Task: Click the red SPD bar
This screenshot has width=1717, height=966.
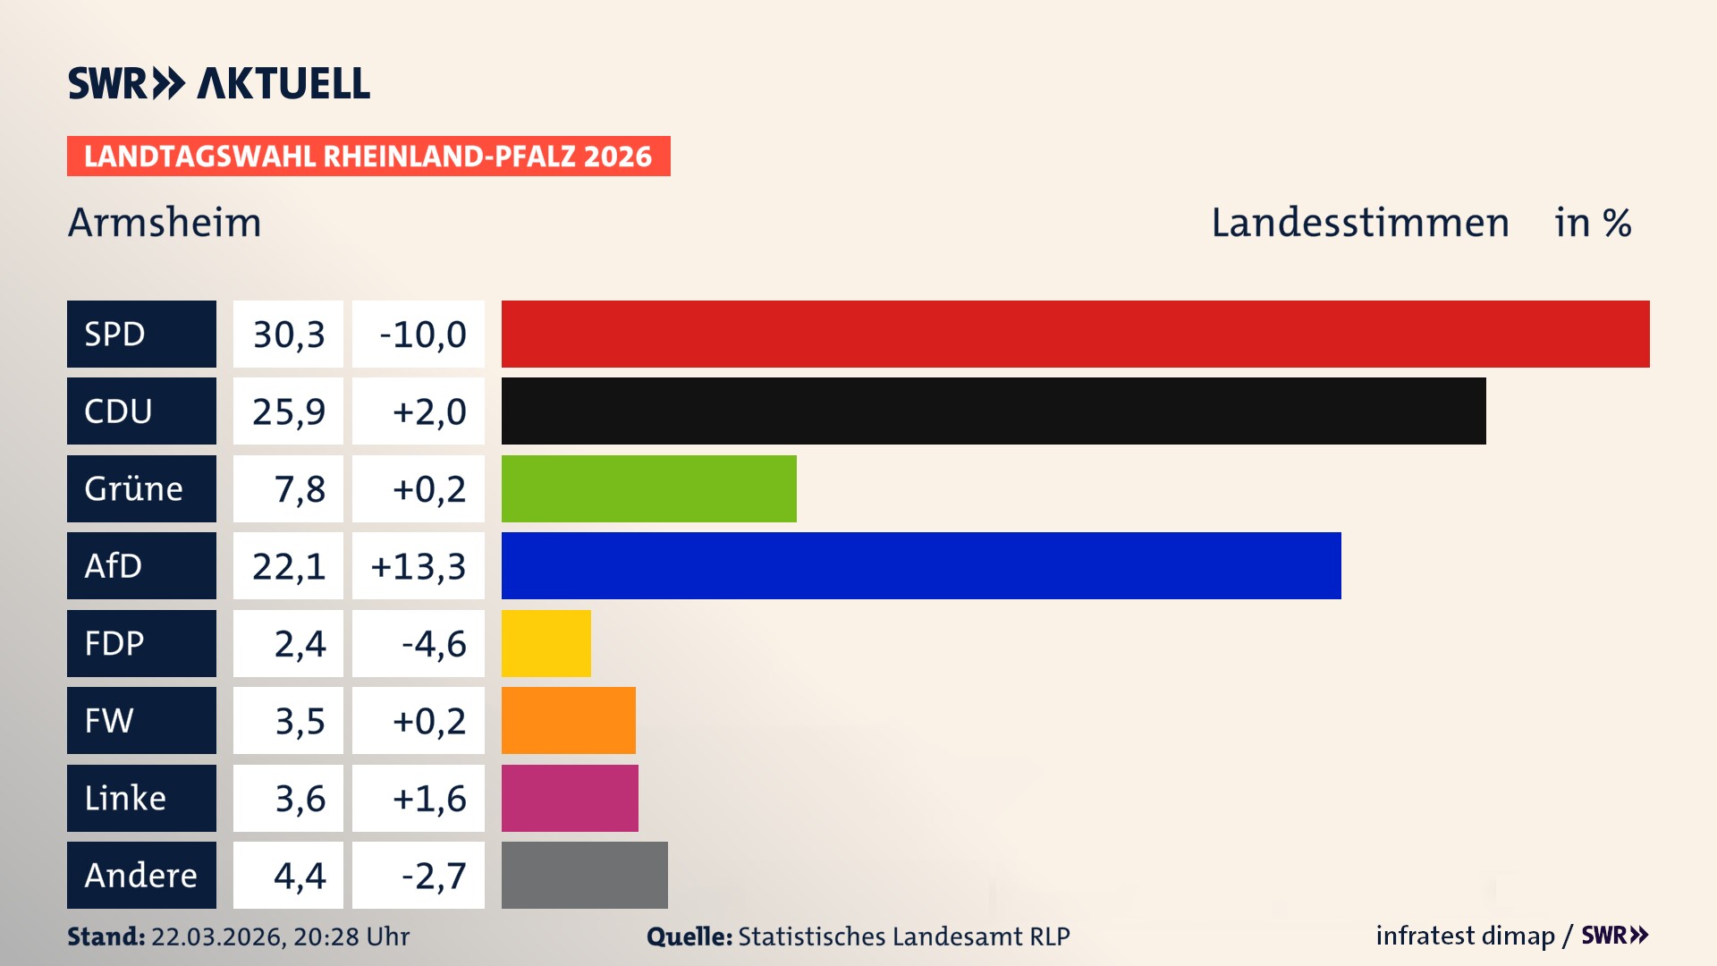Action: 1075,334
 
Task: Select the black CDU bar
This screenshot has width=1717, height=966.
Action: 993,411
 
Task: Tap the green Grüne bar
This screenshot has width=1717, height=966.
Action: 648,488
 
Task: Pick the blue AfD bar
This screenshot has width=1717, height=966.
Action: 921,565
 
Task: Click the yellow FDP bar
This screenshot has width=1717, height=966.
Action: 546,643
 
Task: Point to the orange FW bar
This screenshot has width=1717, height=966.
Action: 568,720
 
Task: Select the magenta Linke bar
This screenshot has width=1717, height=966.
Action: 570,798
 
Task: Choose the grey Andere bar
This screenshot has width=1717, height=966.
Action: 584,875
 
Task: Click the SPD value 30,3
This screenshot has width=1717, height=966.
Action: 288,335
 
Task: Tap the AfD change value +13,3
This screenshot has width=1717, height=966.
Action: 418,566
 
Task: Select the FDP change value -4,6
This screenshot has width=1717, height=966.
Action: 433,644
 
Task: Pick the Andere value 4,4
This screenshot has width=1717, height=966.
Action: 299,876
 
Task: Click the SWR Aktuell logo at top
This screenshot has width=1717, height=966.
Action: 218,83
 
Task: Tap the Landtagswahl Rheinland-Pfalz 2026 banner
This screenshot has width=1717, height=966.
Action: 368,157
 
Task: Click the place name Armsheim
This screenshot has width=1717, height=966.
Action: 165,223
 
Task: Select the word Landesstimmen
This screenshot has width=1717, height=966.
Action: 1359,223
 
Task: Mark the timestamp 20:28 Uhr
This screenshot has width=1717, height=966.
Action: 351,936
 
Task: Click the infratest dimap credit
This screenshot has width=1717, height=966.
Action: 1465,936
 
